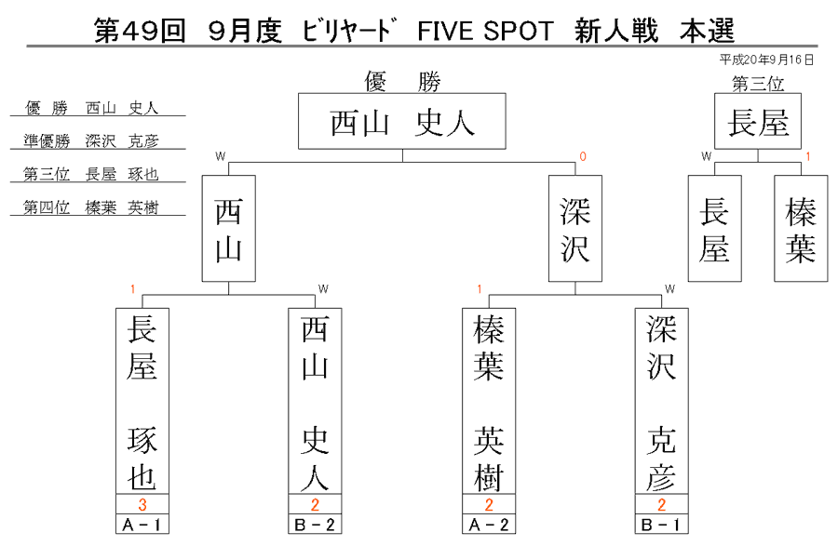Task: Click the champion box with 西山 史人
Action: click(402, 121)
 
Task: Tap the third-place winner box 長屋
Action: click(758, 121)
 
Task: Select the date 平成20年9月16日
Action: click(766, 60)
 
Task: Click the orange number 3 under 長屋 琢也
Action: click(142, 504)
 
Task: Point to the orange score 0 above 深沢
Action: click(583, 156)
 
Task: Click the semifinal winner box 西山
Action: click(229, 229)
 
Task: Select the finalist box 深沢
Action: click(575, 229)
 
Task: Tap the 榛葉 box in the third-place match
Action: click(801, 229)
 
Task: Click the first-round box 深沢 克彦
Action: click(662, 401)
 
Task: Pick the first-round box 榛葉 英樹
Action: click(489, 401)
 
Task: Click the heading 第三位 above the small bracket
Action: click(758, 84)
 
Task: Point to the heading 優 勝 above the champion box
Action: click(402, 82)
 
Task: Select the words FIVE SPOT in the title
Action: click(485, 31)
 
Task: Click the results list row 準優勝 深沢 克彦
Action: click(91, 140)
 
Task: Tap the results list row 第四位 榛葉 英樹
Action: click(91, 207)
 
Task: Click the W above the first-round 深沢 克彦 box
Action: click(669, 288)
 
